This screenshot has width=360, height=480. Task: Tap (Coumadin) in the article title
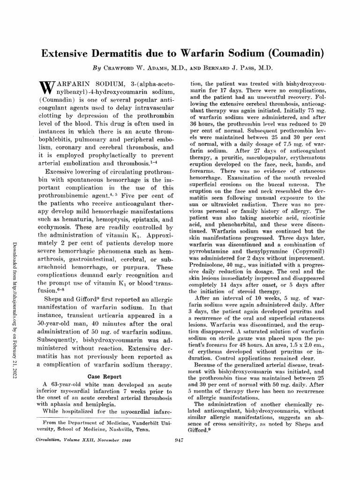click(x=292, y=52)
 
